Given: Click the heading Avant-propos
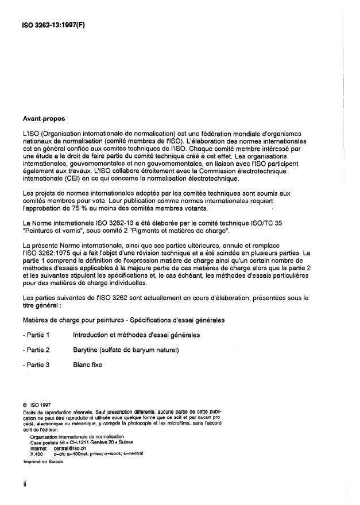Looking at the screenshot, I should (43, 119).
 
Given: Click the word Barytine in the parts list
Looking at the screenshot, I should (88, 349).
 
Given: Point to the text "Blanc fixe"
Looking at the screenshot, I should (88, 364).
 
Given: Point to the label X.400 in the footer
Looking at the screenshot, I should (37, 453).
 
